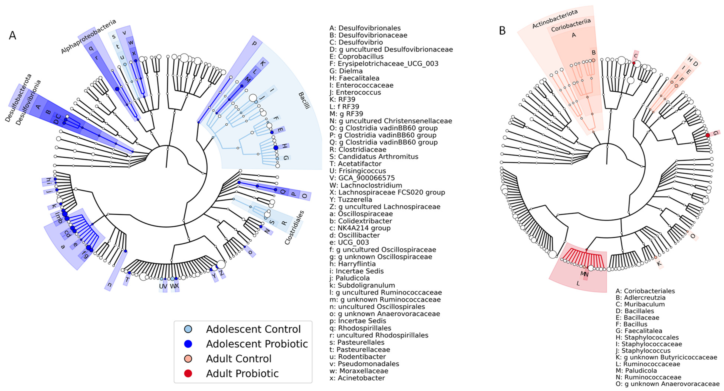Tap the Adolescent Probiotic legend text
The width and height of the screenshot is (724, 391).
(x=257, y=344)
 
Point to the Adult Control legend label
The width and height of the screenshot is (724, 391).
(x=239, y=359)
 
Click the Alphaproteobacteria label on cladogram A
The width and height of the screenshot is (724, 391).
(x=88, y=36)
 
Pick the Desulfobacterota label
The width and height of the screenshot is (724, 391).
(x=18, y=98)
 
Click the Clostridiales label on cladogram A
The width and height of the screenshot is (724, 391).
(x=294, y=227)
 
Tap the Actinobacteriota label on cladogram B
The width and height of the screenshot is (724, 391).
(x=555, y=19)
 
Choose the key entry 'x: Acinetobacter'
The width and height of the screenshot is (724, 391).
(x=357, y=378)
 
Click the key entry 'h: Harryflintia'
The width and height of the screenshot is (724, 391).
(x=352, y=264)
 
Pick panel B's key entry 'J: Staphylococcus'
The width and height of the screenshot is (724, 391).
(x=643, y=351)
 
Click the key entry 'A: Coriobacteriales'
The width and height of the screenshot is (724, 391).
(x=645, y=291)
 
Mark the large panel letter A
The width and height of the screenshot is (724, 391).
(x=13, y=36)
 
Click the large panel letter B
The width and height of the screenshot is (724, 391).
(x=502, y=31)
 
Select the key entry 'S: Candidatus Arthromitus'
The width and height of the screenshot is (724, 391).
(x=374, y=157)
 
